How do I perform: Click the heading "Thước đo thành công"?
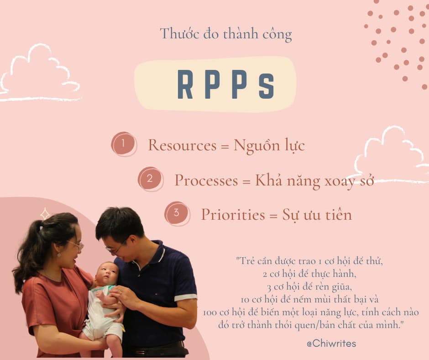coord(225,34)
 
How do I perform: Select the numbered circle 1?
coord(123,144)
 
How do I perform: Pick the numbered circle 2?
coord(150,179)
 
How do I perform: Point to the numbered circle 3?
coord(177,213)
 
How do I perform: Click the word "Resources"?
coord(182,145)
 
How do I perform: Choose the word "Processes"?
coord(206,180)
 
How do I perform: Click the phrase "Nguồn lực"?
coord(269,146)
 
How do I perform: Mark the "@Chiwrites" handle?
coord(331,343)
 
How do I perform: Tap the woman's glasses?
coord(77,245)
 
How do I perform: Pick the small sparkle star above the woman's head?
coord(45,213)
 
